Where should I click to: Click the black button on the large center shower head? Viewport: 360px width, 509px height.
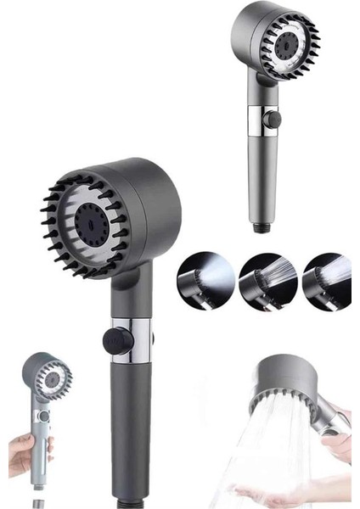115,341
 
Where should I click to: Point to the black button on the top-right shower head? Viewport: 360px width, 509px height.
271,120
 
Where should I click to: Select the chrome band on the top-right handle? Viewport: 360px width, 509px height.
260,119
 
